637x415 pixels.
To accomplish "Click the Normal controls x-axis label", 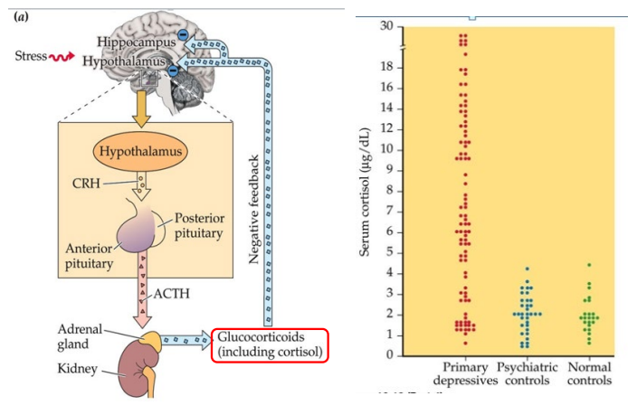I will [588, 374].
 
